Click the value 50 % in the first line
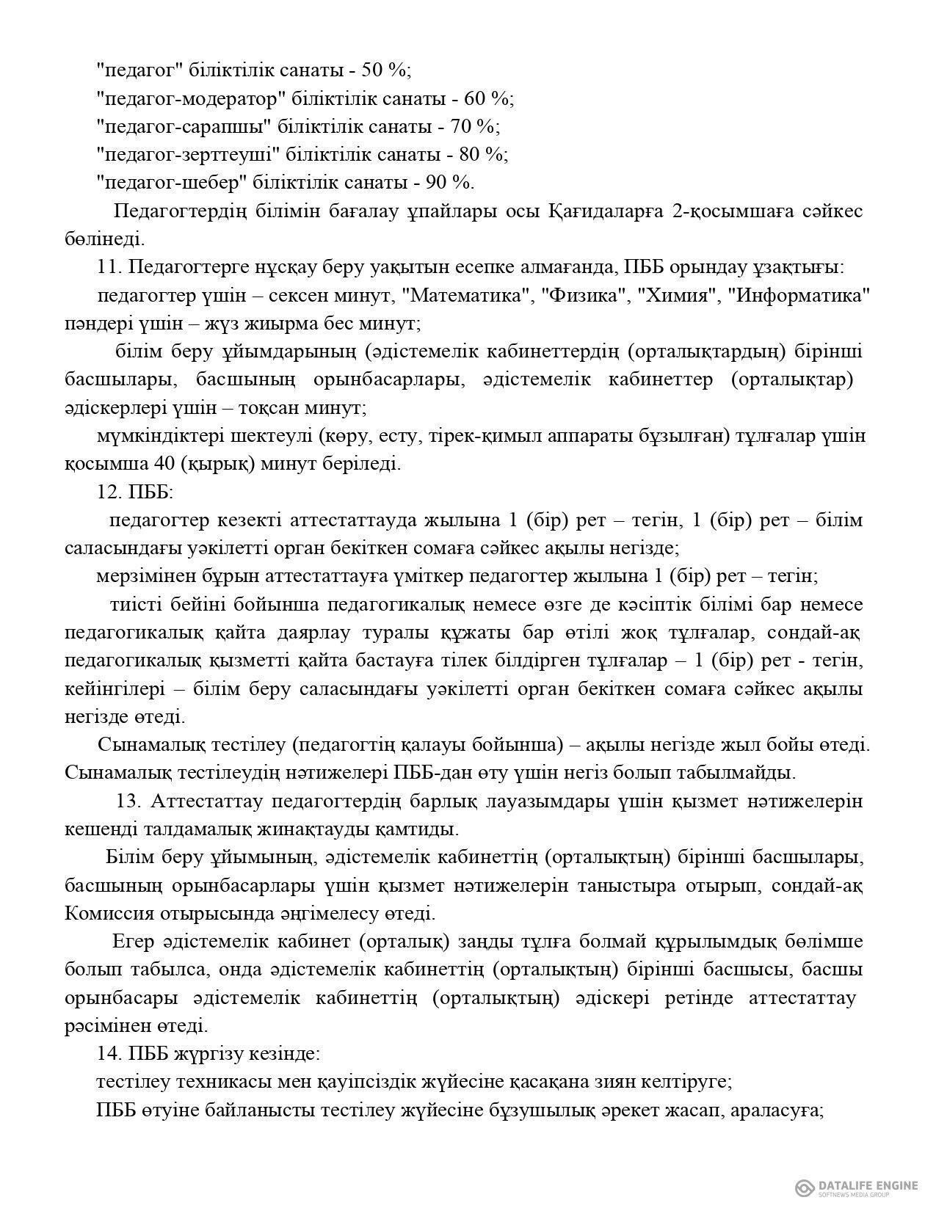[x=386, y=70]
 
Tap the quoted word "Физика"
[x=585, y=296]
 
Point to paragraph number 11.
[x=108, y=268]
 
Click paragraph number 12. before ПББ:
[x=108, y=492]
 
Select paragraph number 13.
[x=129, y=801]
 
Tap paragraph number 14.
[x=108, y=1053]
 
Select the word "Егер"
[x=133, y=941]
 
